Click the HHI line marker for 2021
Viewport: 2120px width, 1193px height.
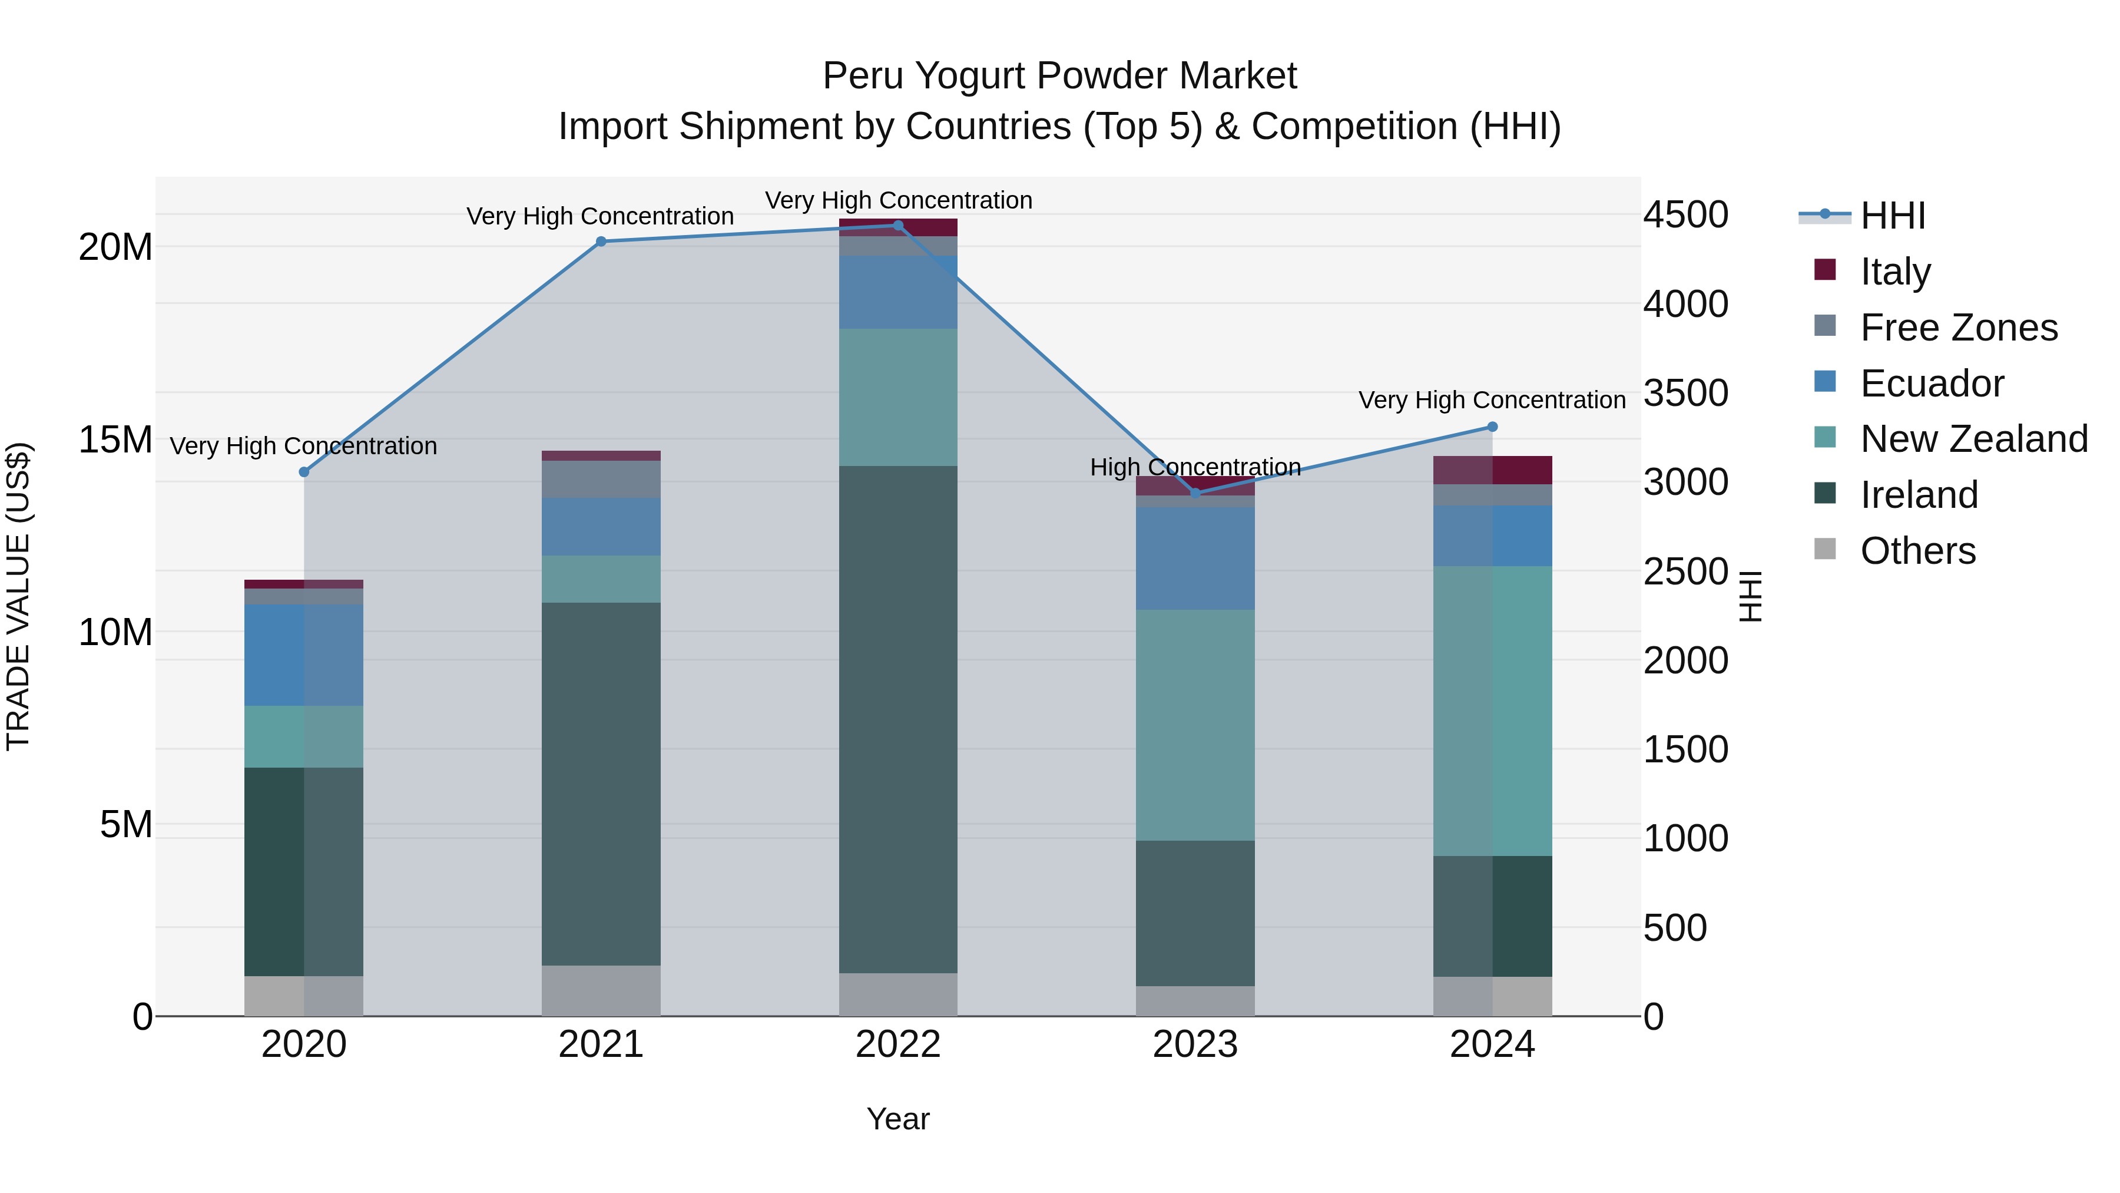(x=601, y=241)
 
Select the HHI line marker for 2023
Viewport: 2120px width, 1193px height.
(x=1195, y=493)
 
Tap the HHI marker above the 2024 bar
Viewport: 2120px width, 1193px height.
(x=1492, y=427)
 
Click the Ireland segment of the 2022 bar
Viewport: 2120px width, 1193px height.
(x=898, y=719)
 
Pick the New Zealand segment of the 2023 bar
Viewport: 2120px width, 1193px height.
(x=1195, y=725)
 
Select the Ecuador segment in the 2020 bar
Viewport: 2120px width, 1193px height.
(x=304, y=655)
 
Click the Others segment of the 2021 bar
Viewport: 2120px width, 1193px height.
(x=601, y=990)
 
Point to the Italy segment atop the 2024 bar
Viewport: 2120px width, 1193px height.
(x=1492, y=470)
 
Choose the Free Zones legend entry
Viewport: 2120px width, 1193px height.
(x=1958, y=328)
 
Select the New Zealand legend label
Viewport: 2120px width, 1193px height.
(x=1973, y=439)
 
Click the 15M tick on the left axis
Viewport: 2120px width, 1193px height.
(x=115, y=439)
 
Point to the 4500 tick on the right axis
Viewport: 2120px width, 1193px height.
(x=1685, y=215)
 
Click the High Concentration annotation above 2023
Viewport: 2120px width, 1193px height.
(x=1195, y=467)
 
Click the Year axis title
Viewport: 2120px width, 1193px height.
(x=898, y=1119)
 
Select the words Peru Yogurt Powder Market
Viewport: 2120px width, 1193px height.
(x=1059, y=76)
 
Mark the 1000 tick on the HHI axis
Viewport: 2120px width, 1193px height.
(x=1685, y=839)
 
